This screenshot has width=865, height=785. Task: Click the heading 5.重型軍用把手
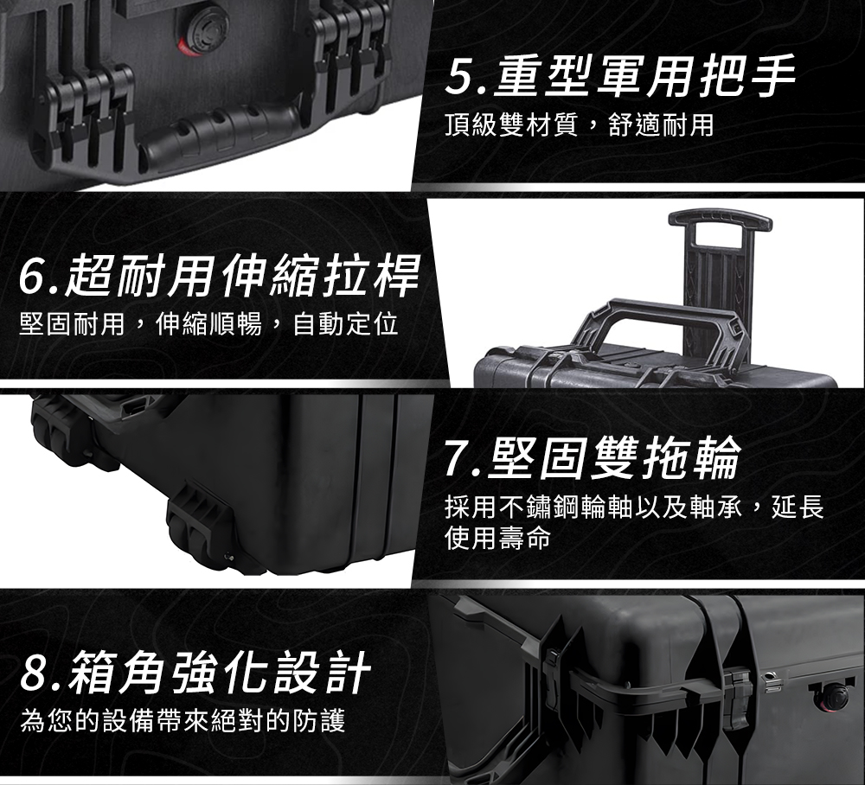click(620, 76)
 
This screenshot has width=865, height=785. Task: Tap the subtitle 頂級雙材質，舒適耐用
click(580, 125)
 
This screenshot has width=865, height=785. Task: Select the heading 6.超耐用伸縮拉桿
click(219, 275)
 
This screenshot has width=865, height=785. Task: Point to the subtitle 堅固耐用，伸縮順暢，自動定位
click(208, 323)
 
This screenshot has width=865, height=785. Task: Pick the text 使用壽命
click(497, 537)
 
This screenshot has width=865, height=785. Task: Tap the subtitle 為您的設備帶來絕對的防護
click(183, 720)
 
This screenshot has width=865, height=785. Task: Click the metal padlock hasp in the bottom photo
click(772, 682)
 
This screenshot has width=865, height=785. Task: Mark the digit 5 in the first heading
click(458, 77)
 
